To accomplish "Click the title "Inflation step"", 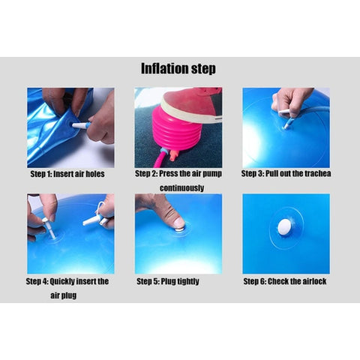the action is pyautogui.click(x=178, y=68).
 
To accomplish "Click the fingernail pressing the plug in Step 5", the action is pyautogui.click(x=179, y=222).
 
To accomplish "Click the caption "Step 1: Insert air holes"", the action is pyautogui.click(x=67, y=174).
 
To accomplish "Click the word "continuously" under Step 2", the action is pyautogui.click(x=181, y=187).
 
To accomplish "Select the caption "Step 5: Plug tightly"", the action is pyautogui.click(x=168, y=281).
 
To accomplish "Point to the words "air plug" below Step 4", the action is pyautogui.click(x=64, y=295).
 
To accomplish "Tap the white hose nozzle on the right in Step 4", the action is pyautogui.click(x=92, y=220).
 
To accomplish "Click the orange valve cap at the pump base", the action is pyautogui.click(x=174, y=154).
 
